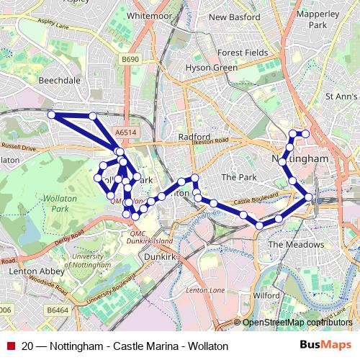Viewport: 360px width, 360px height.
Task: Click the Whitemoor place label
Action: click(x=150, y=14)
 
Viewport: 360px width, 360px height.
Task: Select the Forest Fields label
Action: click(x=243, y=53)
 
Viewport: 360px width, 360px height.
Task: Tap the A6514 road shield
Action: click(x=125, y=132)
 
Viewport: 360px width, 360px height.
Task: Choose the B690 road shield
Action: click(x=130, y=60)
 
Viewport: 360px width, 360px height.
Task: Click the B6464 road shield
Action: click(x=58, y=310)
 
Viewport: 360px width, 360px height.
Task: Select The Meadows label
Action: click(x=296, y=245)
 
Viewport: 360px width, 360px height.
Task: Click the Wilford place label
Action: click(x=266, y=295)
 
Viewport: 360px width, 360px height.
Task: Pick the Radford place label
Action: click(x=194, y=136)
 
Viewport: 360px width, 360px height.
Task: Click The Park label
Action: click(x=238, y=176)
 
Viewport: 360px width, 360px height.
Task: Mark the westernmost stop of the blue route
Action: click(x=51, y=114)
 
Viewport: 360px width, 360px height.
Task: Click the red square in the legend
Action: click(x=9, y=346)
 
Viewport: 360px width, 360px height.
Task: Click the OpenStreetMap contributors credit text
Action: click(x=297, y=323)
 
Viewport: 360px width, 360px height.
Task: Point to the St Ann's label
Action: click(x=341, y=96)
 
